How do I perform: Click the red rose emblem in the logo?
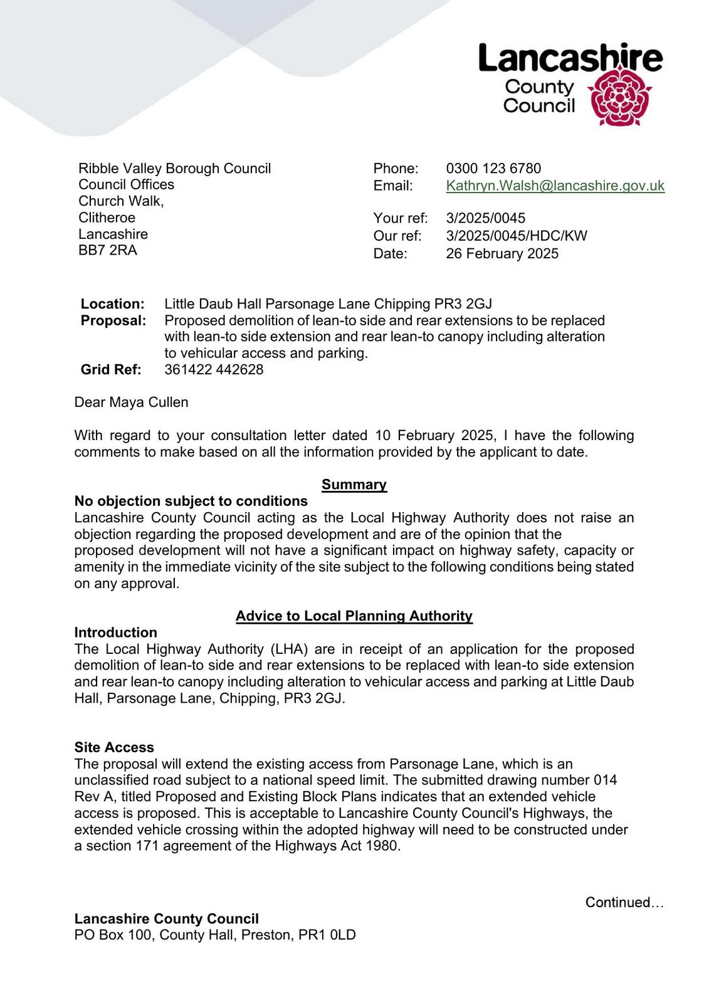pyautogui.click(x=619, y=98)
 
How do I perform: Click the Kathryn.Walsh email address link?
pyautogui.click(x=555, y=186)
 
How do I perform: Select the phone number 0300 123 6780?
pyautogui.click(x=493, y=168)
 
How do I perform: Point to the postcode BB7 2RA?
pyautogui.click(x=108, y=250)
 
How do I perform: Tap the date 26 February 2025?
pyautogui.click(x=502, y=253)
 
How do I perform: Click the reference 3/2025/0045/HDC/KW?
pyautogui.click(x=517, y=236)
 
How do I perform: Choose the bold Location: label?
pyautogui.click(x=113, y=304)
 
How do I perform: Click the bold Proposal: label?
pyautogui.click(x=113, y=320)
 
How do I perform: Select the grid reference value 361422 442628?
pyautogui.click(x=214, y=369)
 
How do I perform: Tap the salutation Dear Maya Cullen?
pyautogui.click(x=131, y=402)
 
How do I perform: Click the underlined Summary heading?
pyautogui.click(x=354, y=485)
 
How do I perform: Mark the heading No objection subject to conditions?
pyautogui.click(x=191, y=501)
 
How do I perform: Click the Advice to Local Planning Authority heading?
pyautogui.click(x=354, y=616)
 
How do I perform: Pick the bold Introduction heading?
pyautogui.click(x=116, y=632)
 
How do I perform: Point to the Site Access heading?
pyautogui.click(x=114, y=747)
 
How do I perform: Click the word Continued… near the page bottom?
pyautogui.click(x=624, y=902)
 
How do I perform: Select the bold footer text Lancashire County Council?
pyautogui.click(x=167, y=918)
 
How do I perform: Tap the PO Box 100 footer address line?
pyautogui.click(x=215, y=935)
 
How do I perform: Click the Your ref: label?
pyautogui.click(x=401, y=218)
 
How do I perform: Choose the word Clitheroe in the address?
pyautogui.click(x=107, y=218)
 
